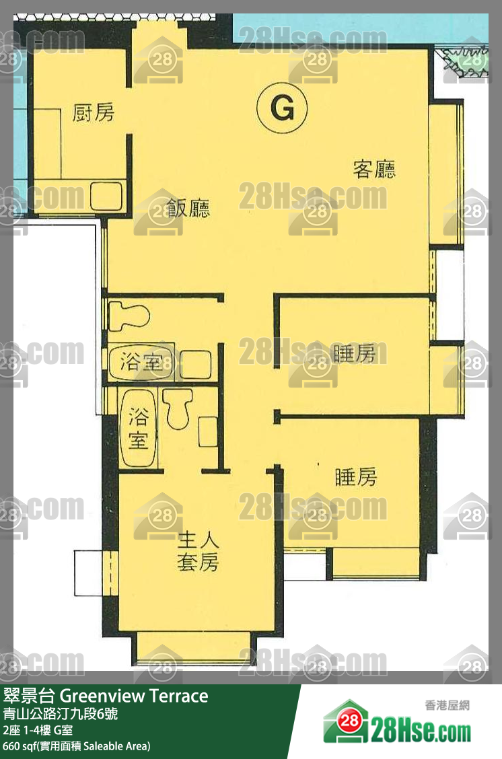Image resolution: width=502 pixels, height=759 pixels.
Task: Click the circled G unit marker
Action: pyautogui.click(x=282, y=108)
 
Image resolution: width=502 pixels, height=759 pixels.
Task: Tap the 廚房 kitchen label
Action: pyautogui.click(x=94, y=112)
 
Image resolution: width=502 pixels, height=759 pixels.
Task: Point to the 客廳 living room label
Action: pyautogui.click(x=374, y=169)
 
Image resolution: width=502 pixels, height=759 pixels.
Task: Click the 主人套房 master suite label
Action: pyautogui.click(x=198, y=551)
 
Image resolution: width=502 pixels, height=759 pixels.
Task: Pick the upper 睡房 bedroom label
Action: pyautogui.click(x=355, y=353)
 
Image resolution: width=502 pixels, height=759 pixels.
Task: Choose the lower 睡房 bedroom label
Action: pyautogui.click(x=356, y=477)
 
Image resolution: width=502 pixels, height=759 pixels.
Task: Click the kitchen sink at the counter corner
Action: pyautogui.click(x=106, y=194)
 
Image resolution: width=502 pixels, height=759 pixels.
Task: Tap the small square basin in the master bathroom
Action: pyautogui.click(x=208, y=431)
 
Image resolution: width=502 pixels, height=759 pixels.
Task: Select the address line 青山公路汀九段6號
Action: pyautogui.click(x=61, y=714)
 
